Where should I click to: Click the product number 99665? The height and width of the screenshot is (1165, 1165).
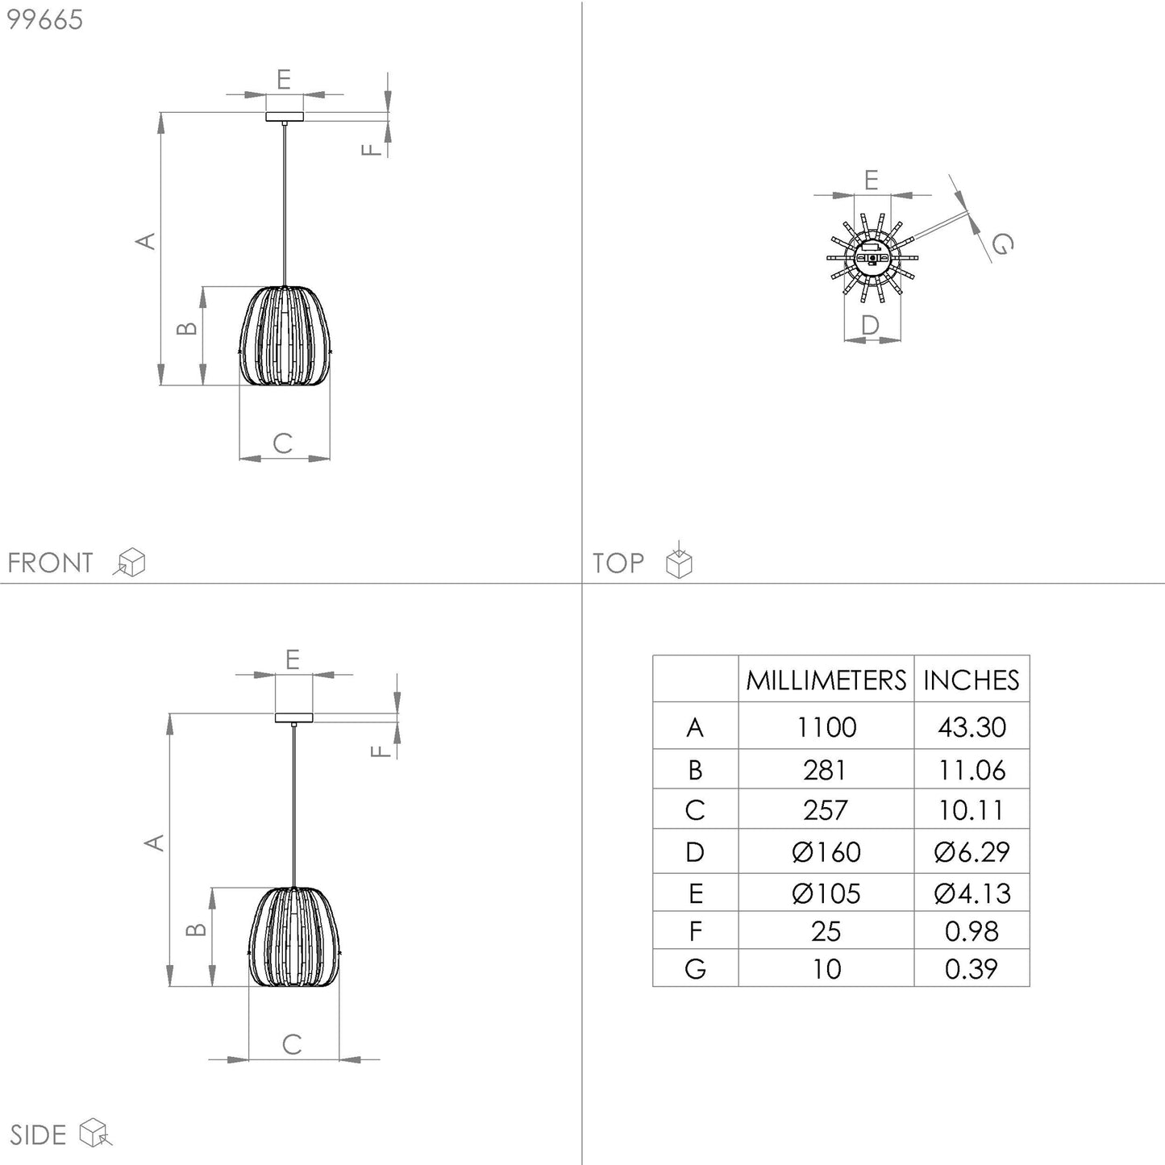44,20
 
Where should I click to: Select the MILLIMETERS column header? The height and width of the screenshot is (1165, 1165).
826,680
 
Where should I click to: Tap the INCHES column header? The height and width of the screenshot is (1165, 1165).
972,680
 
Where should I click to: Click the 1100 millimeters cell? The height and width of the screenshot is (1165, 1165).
826,727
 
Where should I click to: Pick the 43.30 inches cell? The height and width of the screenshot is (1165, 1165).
972,727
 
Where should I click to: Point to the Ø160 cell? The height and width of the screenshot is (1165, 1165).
826,852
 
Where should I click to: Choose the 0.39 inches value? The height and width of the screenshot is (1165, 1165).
972,969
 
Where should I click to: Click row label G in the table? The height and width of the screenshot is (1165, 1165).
695,969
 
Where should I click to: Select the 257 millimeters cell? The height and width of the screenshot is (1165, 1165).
826,810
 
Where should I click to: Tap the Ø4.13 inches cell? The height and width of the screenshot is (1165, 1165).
972,893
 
